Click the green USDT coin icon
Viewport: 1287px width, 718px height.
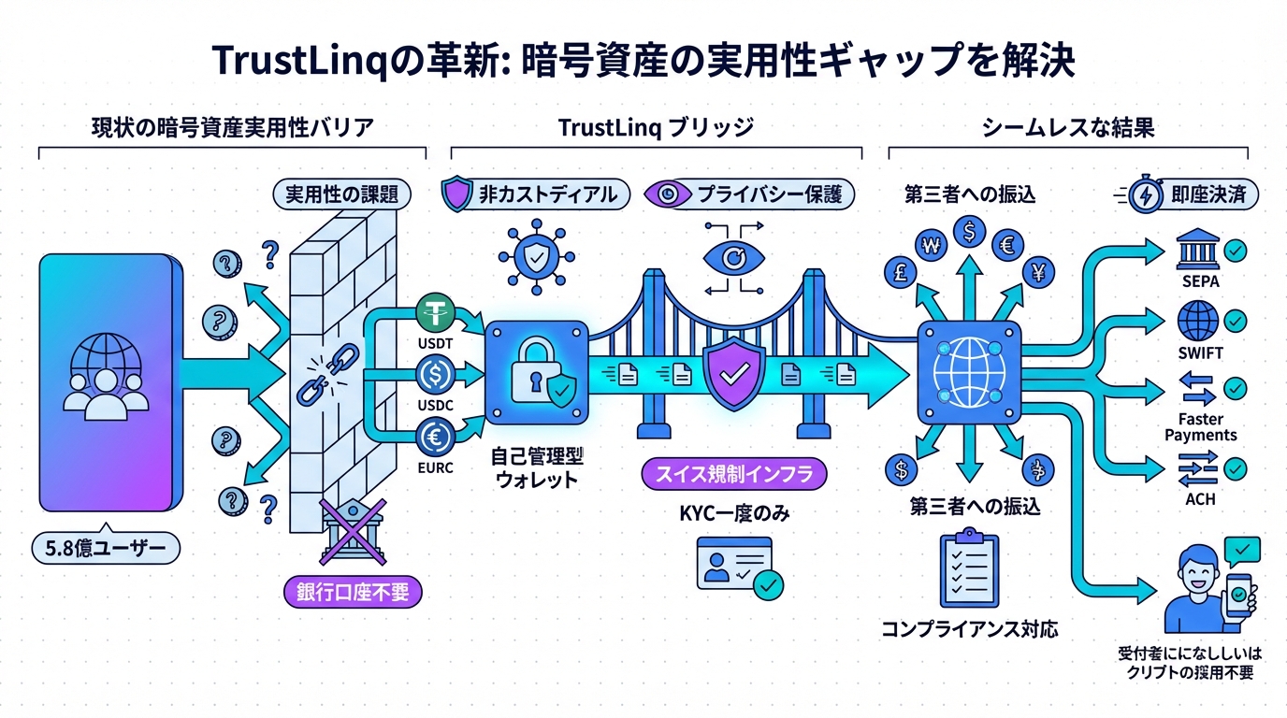(435, 310)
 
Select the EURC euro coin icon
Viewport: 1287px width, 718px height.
(435, 436)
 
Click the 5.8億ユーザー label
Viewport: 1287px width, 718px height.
(105, 549)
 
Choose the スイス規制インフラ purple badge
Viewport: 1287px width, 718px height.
(735, 474)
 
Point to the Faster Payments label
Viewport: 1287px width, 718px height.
(1200, 427)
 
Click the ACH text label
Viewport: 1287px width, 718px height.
(1200, 499)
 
